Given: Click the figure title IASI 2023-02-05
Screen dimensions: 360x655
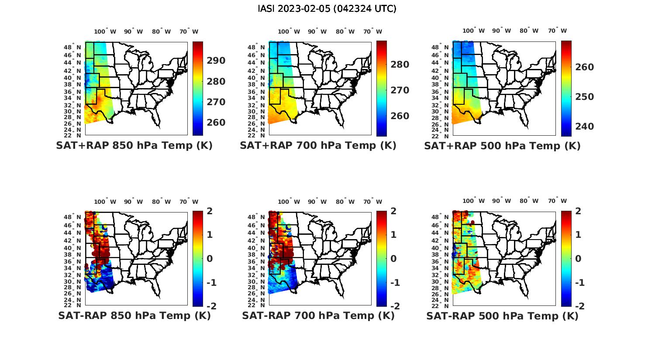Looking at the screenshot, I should coord(327,9).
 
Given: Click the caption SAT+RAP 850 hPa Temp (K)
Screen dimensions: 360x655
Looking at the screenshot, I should coord(134,146).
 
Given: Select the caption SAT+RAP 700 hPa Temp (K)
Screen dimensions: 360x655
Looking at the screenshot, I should coord(318,146).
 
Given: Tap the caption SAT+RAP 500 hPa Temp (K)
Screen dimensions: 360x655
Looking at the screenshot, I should coord(502,146).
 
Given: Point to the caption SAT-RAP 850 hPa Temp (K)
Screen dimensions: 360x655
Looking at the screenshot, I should coord(134,315).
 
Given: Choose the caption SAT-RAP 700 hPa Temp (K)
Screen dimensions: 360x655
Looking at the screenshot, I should coord(318,315).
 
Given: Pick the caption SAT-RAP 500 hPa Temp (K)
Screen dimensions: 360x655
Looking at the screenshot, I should coord(502,316).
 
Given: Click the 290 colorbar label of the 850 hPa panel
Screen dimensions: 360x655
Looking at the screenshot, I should coord(216,61).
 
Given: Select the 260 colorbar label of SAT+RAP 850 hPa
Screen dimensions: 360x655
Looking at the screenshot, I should coord(216,123).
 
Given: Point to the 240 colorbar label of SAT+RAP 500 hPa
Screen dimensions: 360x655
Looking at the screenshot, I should coord(584,127).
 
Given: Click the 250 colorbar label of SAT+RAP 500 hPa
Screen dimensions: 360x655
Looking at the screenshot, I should coord(584,97).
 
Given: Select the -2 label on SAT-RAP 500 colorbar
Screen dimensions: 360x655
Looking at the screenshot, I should coord(579,306).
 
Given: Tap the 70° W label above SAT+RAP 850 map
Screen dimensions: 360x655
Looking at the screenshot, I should coord(189,31).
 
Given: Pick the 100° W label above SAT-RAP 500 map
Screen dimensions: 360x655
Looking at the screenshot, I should coord(474,201).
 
